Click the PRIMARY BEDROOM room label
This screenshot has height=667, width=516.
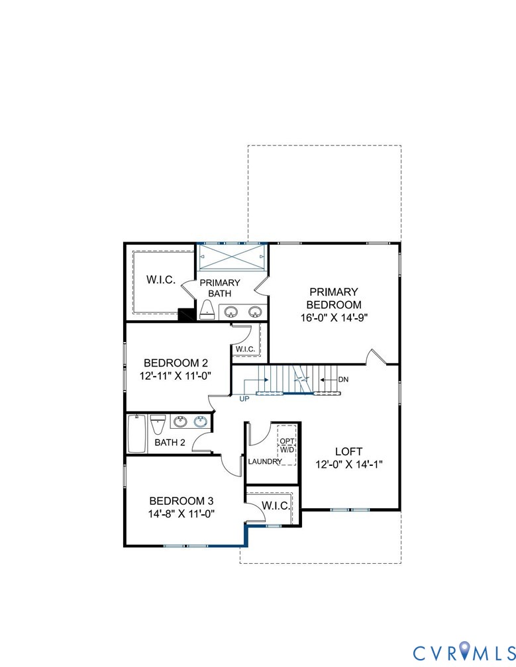pyautogui.click(x=334, y=298)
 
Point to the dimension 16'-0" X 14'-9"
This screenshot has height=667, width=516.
pyautogui.click(x=334, y=317)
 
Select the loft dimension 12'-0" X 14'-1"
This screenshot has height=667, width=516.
pyautogui.click(x=349, y=464)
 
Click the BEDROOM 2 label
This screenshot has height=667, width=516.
pyautogui.click(x=176, y=363)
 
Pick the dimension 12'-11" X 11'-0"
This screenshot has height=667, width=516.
pyautogui.click(x=176, y=376)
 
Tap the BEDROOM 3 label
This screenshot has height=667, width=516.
pyautogui.click(x=181, y=500)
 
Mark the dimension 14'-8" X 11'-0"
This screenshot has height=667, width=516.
pyautogui.click(x=181, y=513)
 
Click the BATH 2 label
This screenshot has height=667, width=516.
pyautogui.click(x=170, y=442)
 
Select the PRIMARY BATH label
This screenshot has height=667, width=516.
pyautogui.click(x=225, y=288)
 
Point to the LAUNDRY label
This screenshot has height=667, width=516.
pyautogui.click(x=265, y=461)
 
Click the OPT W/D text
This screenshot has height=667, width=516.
pyautogui.click(x=287, y=445)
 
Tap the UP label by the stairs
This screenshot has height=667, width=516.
pyautogui.click(x=245, y=398)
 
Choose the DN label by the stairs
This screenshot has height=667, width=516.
pyautogui.click(x=343, y=380)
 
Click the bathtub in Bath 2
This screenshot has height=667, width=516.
pyautogui.click(x=136, y=434)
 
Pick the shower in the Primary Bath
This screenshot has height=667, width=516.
pyautogui.click(x=232, y=256)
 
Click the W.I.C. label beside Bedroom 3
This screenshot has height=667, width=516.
pyautogui.click(x=274, y=506)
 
